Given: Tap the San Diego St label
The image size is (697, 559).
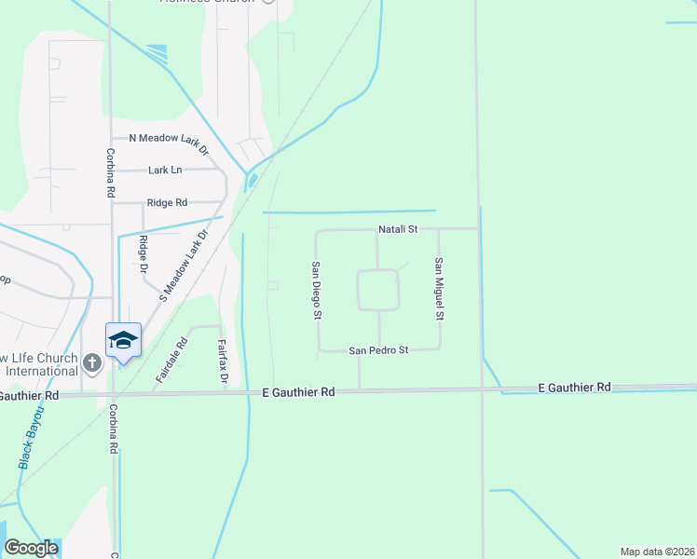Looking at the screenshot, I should pos(317,290).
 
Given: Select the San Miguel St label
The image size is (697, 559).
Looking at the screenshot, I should pos(438,290).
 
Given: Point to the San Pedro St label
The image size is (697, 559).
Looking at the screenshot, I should pos(378,350).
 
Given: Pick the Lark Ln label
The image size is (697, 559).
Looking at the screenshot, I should pos(165,170).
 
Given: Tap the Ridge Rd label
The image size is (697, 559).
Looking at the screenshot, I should pos(167,202).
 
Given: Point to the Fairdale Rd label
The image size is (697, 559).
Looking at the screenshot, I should pos(171,361).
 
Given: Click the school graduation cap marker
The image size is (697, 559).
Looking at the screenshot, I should pos(123,340).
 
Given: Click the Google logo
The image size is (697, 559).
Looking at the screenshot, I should pos(31,548).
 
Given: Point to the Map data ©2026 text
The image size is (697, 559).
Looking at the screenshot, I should pos(657,552).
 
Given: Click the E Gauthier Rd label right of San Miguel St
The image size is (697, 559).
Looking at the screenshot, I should pos(574,387).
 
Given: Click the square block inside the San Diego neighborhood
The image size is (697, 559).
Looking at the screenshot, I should pos(378,290).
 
